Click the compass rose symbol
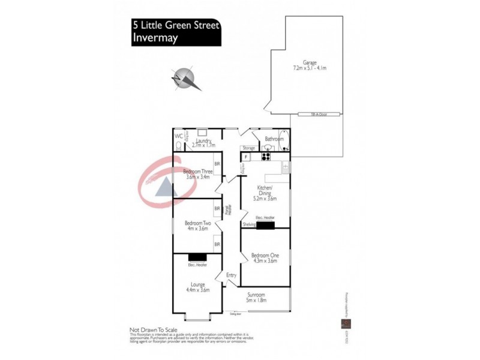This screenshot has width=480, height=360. [187, 79]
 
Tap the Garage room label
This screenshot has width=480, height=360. [310, 62]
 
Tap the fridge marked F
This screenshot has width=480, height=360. [245, 157]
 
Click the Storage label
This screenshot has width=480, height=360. [249, 148]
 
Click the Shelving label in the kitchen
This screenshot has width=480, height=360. [249, 224]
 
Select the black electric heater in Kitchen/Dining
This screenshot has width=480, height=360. [265, 225]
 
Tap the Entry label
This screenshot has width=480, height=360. [231, 275]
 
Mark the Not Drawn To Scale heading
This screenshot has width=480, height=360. [153, 329]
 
